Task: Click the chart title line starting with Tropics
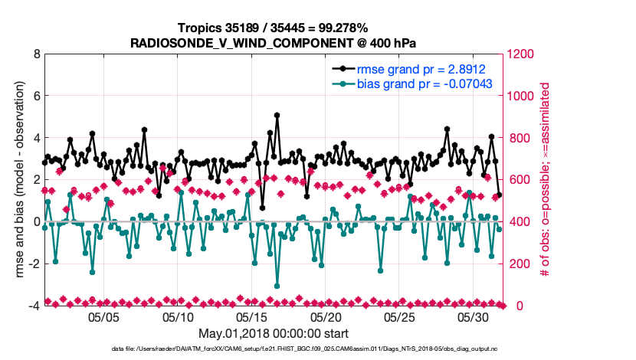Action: click(274, 28)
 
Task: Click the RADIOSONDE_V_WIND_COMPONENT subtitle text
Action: click(274, 42)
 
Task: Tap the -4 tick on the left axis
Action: click(34, 306)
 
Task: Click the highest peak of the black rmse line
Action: click(277, 116)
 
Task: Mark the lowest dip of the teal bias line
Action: click(277, 286)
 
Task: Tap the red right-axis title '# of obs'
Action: click(546, 180)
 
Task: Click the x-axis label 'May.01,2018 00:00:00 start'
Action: click(274, 333)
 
